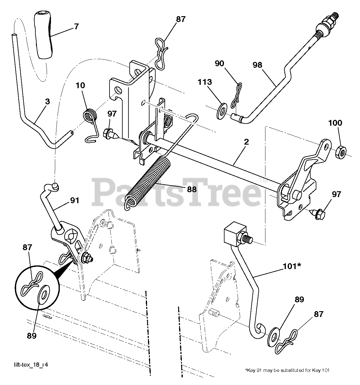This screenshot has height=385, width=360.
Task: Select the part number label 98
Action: point(257,65)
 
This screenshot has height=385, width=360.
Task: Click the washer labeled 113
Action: point(220,111)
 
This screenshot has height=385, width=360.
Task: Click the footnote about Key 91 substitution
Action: point(287,370)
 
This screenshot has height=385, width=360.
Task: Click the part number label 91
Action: point(75,200)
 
